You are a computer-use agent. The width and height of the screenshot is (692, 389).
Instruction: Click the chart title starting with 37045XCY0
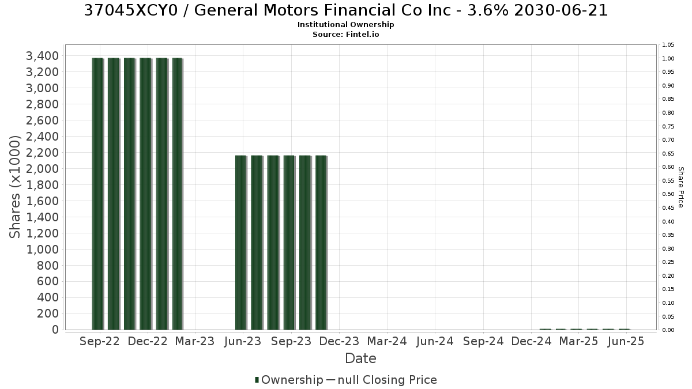[x=345, y=10]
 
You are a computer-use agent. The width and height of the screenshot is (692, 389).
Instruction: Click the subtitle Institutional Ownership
[x=345, y=25]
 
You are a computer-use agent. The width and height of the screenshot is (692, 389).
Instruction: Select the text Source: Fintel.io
[x=345, y=34]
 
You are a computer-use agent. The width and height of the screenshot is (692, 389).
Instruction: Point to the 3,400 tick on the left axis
[x=42, y=56]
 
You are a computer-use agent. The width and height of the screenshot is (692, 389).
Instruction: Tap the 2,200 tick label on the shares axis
[x=42, y=153]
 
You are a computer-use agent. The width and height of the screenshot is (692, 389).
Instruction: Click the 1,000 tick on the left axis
[x=42, y=249]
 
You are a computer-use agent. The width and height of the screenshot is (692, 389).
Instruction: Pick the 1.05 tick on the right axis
[x=668, y=45]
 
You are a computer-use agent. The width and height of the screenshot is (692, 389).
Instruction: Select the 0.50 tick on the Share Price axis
[x=668, y=194]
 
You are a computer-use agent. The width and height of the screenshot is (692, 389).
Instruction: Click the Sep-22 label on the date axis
[x=99, y=341]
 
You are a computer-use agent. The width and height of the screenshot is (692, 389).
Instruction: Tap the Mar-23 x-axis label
[x=195, y=341]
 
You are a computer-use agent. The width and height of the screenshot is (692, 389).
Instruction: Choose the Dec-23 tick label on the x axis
[x=339, y=341]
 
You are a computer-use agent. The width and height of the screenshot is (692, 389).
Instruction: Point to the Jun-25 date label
[x=626, y=341]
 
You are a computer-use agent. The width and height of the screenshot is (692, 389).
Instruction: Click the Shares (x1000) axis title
[x=15, y=187]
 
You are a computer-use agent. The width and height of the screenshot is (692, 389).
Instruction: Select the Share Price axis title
[x=680, y=187]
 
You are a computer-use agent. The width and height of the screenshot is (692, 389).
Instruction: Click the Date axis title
[x=360, y=358]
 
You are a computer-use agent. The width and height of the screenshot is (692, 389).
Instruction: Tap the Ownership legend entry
[x=288, y=380]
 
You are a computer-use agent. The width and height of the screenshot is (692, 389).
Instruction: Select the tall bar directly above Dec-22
[x=145, y=194]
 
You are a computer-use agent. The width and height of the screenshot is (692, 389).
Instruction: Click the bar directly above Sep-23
[x=289, y=243]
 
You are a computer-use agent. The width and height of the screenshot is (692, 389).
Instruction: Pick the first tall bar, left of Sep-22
[x=97, y=194]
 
